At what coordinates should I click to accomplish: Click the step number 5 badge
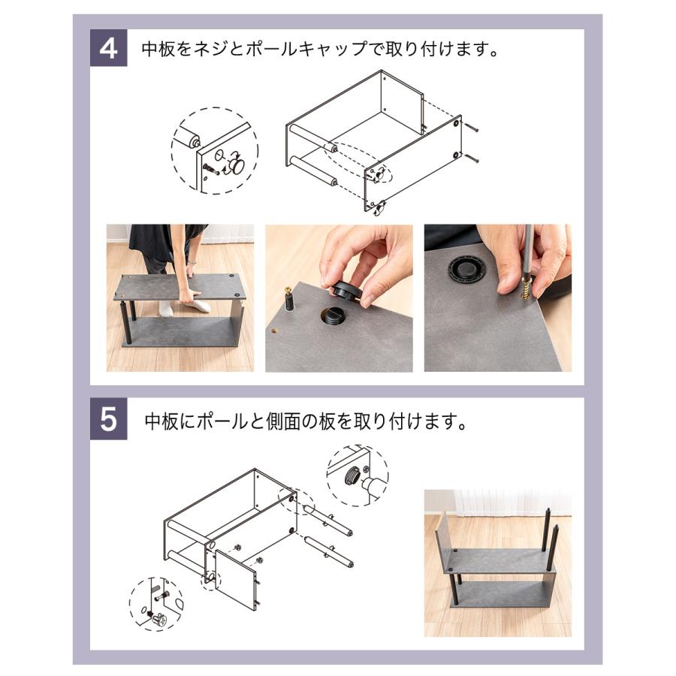(109, 420)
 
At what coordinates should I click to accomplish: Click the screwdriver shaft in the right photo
(527, 252)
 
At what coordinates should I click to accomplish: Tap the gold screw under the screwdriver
(526, 288)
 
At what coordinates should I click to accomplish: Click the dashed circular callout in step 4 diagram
(214, 151)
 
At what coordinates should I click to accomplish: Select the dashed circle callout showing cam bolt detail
(156, 604)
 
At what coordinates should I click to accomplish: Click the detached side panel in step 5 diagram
(234, 577)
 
